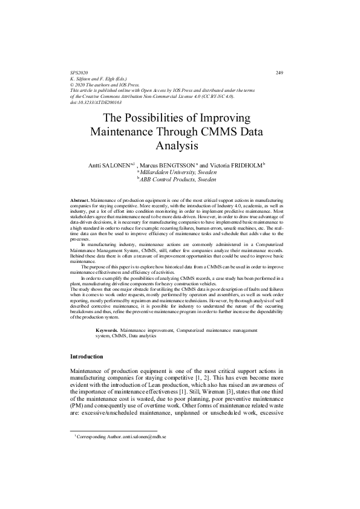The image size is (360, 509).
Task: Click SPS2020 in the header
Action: pos(79,73)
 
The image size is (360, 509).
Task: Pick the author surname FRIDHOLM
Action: pos(243,165)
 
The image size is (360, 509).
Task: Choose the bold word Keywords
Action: pos(109,331)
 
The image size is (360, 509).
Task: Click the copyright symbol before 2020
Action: pos(73,85)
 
